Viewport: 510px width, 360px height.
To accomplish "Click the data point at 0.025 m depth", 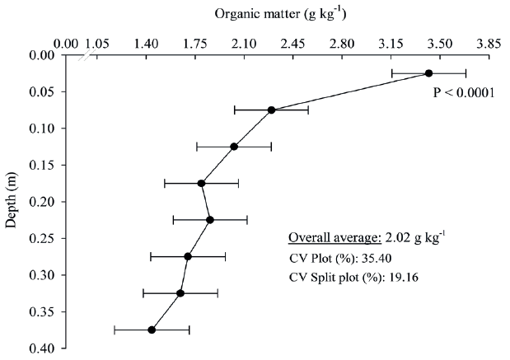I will tap(428, 73).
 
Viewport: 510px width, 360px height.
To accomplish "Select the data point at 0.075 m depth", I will tap(271, 110).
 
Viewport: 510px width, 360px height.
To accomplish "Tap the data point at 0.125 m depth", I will tap(234, 147).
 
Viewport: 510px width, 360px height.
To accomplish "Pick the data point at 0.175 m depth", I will tap(201, 183).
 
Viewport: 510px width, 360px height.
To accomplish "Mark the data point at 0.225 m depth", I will tap(210, 220).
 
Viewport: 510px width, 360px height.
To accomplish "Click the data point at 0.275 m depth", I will tap(188, 256).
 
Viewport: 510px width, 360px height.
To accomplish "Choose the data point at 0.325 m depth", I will tap(180, 293).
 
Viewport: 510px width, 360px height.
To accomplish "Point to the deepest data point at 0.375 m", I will tap(152, 330).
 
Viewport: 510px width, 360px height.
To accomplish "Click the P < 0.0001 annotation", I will tap(463, 92).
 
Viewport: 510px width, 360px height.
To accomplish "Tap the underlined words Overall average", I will tap(334, 239).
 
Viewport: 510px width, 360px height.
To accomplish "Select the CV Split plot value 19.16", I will tap(405, 277).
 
